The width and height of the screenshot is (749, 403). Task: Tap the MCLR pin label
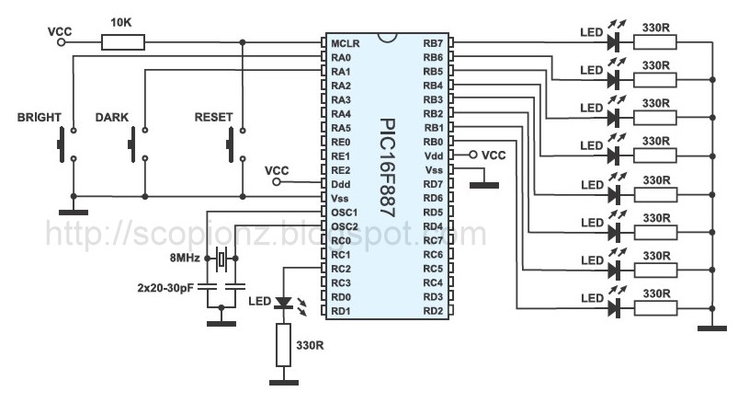346,43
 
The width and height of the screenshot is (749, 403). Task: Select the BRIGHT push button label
39,118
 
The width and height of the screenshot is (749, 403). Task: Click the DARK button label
112,118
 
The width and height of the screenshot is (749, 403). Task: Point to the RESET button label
213,118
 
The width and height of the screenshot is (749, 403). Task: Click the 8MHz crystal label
185,258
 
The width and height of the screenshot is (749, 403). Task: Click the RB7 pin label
432,43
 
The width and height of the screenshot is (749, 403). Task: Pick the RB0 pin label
432,142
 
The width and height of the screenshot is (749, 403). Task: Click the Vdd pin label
433,155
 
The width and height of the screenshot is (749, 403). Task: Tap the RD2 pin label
433,310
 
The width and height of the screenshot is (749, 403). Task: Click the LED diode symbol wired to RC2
284,302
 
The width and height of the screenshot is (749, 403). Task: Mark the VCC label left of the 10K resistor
60,30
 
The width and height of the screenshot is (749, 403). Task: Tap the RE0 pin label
341,142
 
